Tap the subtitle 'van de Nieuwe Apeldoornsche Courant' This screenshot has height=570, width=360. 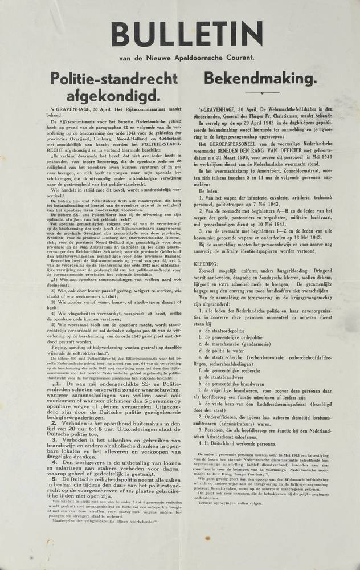pos(181,57)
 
